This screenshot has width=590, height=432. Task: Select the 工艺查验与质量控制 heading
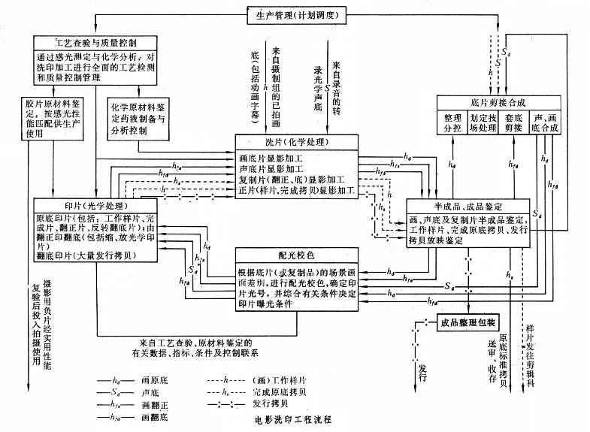pyautogui.click(x=96, y=42)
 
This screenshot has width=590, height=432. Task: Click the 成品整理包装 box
pyautogui.click(x=470, y=322)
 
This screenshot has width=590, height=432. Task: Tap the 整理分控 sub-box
pyautogui.click(x=452, y=122)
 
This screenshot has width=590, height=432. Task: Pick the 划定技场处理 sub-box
pyautogui.click(x=481, y=122)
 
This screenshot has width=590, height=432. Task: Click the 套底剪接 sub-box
pyautogui.click(x=513, y=122)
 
